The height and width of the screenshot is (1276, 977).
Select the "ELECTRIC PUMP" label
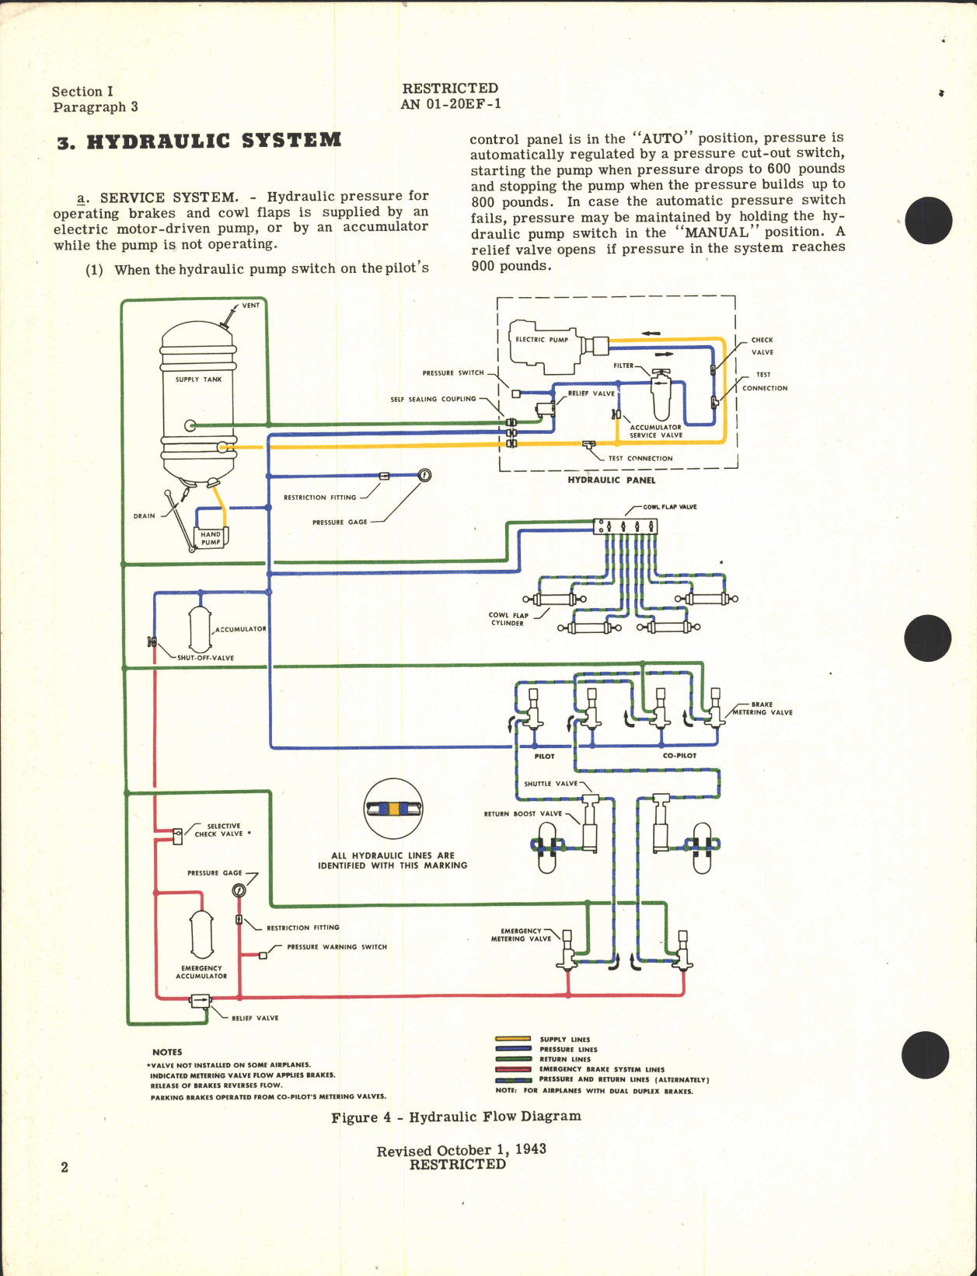pyautogui.click(x=542, y=340)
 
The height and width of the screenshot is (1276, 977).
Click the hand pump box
pyautogui.click(x=211, y=538)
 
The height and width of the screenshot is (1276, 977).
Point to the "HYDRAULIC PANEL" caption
pyautogui.click(x=611, y=481)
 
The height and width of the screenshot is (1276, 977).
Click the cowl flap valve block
pyautogui.click(x=626, y=526)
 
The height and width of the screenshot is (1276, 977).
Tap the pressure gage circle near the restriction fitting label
pyautogui.click(x=424, y=475)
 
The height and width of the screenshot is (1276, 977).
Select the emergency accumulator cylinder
pyautogui.click(x=201, y=935)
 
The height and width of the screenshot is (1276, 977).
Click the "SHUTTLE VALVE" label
pyautogui.click(x=551, y=784)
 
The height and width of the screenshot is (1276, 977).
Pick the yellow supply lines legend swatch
pyautogui.click(x=513, y=1039)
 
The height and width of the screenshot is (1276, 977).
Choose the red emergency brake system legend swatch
pyautogui.click(x=513, y=1069)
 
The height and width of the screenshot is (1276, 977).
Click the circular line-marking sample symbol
pyautogui.click(x=393, y=809)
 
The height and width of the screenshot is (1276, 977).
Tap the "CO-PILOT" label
pyautogui.click(x=679, y=756)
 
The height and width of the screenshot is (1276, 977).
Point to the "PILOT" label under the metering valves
pyautogui.click(x=544, y=756)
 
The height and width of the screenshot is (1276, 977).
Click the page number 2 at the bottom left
pyautogui.click(x=65, y=1167)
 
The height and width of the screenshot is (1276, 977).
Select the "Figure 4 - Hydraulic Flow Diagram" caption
pyautogui.click(x=456, y=1117)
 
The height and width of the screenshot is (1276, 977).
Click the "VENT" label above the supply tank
pyautogui.click(x=250, y=306)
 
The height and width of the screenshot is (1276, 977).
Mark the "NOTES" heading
pyautogui.click(x=167, y=1052)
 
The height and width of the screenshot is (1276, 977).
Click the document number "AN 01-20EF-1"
pyautogui.click(x=451, y=104)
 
